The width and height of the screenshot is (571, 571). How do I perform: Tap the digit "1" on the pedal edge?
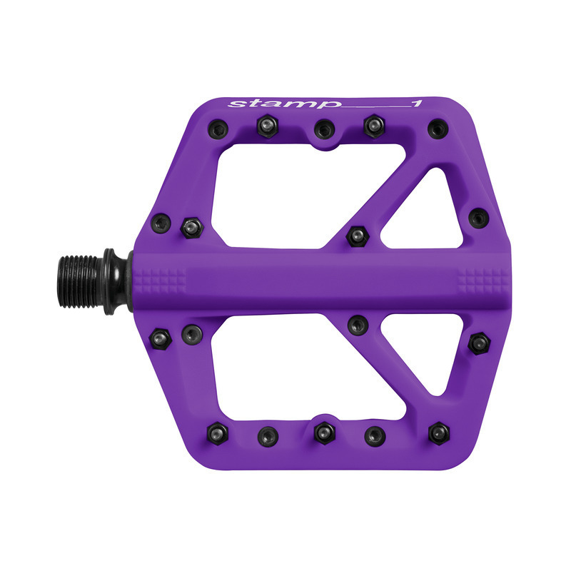pos(416,104)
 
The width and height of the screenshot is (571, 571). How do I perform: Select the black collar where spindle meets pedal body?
pos(114,281)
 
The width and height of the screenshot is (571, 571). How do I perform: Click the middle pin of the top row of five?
pos(324,130)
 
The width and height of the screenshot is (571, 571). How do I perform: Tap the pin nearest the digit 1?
pos(438,129)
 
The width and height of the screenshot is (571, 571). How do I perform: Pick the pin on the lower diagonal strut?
pos(356,325)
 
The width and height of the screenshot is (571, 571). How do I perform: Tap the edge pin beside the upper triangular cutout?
pos(477,217)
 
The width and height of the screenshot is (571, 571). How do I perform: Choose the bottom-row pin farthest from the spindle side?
pos(438,432)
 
